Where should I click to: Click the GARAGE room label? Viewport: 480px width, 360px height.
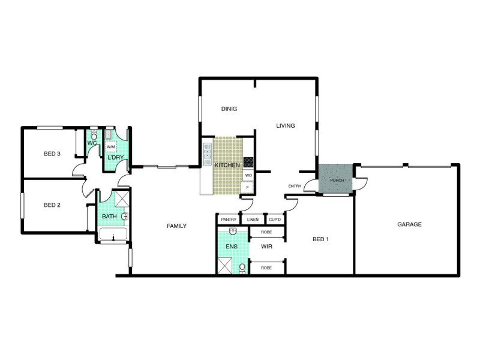(409, 224)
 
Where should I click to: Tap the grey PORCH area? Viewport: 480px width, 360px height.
(336, 180)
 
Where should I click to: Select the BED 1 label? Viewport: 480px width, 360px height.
(321, 239)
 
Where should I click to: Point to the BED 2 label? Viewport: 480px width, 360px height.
(53, 205)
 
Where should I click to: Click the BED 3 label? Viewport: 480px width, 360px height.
(52, 154)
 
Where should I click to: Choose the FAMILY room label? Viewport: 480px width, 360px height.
(176, 226)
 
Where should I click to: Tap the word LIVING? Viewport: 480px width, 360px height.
(286, 126)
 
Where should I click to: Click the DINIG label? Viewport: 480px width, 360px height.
(229, 109)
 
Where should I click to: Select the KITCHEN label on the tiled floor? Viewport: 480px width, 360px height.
(227, 164)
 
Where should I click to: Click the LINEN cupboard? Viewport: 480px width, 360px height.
(253, 220)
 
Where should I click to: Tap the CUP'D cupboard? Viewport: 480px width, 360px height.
(275, 220)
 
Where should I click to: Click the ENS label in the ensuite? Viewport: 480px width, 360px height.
(231, 246)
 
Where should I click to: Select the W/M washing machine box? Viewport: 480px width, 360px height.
(111, 147)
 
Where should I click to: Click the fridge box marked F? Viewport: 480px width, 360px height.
(248, 187)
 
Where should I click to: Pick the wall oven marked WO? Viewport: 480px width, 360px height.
(248, 175)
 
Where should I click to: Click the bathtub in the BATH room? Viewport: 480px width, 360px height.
(113, 235)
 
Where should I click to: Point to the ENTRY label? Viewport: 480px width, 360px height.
(295, 186)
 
